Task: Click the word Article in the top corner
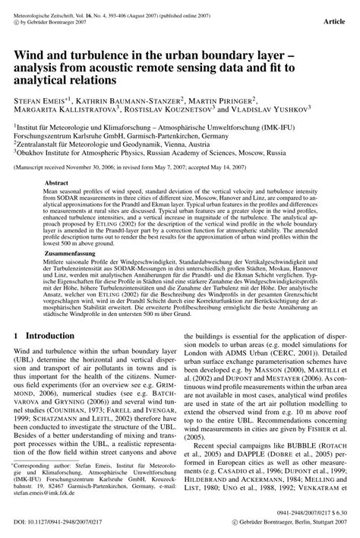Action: pyautogui.click(x=336, y=23)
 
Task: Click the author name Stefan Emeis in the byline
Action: pyautogui.click(x=40, y=100)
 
